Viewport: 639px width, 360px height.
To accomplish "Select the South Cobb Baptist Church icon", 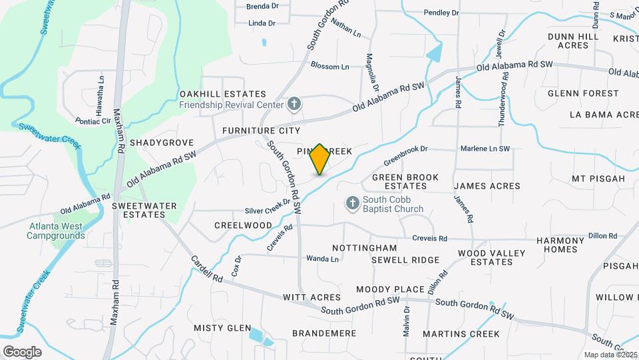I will click(x=352, y=202).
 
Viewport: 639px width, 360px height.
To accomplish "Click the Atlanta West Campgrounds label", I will click(x=55, y=231).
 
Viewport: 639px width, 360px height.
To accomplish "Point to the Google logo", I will click(x=22, y=351).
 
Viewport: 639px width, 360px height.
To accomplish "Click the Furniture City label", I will click(x=262, y=130).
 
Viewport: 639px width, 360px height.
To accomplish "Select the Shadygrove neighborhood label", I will click(x=162, y=143).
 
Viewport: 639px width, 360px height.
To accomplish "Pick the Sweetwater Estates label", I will click(x=138, y=210).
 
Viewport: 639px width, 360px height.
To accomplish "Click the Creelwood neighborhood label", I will click(x=243, y=225).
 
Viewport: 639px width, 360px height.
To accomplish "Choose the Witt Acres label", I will click(x=312, y=297).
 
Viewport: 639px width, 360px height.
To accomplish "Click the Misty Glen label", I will click(x=222, y=328).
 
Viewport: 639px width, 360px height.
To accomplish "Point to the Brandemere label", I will click(x=324, y=333).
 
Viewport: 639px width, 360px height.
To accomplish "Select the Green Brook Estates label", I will click(x=405, y=181).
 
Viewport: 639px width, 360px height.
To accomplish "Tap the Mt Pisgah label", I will click(x=598, y=179).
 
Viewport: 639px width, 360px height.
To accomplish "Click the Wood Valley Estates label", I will click(x=491, y=257).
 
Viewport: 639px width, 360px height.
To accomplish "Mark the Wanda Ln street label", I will click(x=318, y=258).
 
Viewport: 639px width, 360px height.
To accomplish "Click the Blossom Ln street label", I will click(x=329, y=67).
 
